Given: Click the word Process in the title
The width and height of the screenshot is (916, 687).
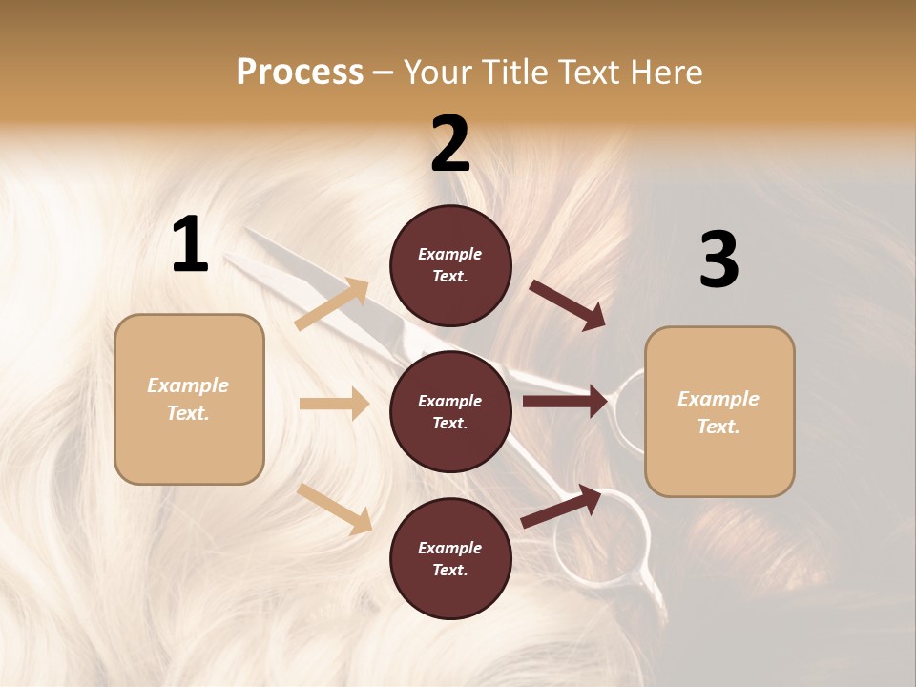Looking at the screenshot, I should coord(300,73).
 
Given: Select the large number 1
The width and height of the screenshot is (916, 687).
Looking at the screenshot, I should coord(190,245).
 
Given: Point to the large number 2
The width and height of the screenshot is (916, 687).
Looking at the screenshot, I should coord(450,144).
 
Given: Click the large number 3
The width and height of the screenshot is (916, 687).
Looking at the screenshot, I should coord(718,260).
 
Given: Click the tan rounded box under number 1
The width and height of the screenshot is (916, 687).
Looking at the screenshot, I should coord(189,399).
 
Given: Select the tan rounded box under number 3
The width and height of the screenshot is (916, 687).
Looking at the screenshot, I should coord(719,412).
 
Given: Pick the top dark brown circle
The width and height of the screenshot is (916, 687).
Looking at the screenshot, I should coord(450,265).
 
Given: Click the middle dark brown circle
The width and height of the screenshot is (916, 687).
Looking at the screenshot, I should coord(450,411).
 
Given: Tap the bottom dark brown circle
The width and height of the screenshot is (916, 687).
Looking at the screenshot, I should coord(450,558).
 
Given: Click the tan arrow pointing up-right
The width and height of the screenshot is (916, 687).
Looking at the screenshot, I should coord(332,303).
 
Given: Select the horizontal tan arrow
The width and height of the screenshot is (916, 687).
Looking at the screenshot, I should coord(334,404).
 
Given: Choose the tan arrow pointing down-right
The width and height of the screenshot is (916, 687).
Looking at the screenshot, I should coord(334,509).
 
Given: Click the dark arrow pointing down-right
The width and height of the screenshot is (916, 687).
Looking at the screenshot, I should coord(568,305).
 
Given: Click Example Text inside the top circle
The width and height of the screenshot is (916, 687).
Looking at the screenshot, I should coord(450,265).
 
